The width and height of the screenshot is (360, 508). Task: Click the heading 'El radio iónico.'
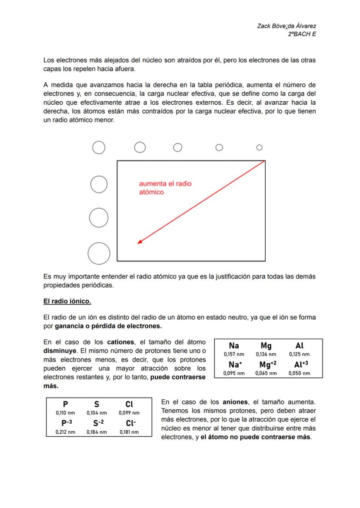pos(67,301)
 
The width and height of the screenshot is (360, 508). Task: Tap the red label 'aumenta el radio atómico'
pos(165,188)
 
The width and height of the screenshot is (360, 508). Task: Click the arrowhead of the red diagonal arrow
pos(139,242)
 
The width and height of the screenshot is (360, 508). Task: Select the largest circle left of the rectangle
pos(99,253)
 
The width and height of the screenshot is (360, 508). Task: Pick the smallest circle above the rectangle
pos(259,148)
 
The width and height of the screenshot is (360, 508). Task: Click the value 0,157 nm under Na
pos(234,354)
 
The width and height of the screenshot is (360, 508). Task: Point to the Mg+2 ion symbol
pos(267,364)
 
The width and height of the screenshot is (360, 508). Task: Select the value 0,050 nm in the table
pos(299,373)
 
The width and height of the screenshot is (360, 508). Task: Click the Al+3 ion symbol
pos(301,364)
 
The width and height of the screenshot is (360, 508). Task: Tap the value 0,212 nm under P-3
pos(65,432)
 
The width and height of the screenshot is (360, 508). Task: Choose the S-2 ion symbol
pos(98,423)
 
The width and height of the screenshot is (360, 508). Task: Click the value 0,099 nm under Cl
pos(129,413)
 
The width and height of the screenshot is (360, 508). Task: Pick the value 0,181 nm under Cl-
pos(129,432)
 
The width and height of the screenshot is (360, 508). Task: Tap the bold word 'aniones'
pos(235,402)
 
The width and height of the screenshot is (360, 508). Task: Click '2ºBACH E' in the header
pos(302,34)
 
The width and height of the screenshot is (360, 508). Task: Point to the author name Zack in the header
pos(264,26)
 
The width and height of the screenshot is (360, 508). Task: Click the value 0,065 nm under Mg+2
pos(266,373)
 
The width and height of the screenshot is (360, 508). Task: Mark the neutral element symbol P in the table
pos(65,404)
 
